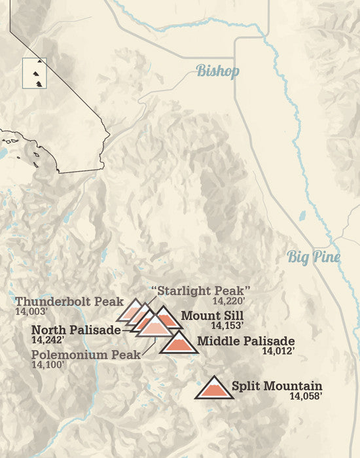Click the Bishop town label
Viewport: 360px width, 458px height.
click(218, 71)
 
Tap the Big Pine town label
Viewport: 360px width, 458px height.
click(314, 257)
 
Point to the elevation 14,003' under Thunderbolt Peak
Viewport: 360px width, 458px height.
click(30, 312)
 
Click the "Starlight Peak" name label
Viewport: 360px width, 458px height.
click(201, 290)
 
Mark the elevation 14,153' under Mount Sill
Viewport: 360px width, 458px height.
click(226, 325)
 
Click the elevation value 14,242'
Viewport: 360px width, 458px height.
click(47, 340)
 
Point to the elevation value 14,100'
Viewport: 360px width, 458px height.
click(46, 364)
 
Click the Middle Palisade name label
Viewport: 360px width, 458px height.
click(245, 341)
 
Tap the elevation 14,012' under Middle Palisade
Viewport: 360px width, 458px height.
click(278, 351)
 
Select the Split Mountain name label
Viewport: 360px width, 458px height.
click(276, 385)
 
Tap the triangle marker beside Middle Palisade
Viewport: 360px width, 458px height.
click(178, 343)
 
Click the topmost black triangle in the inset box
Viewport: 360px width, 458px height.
click(39, 61)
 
